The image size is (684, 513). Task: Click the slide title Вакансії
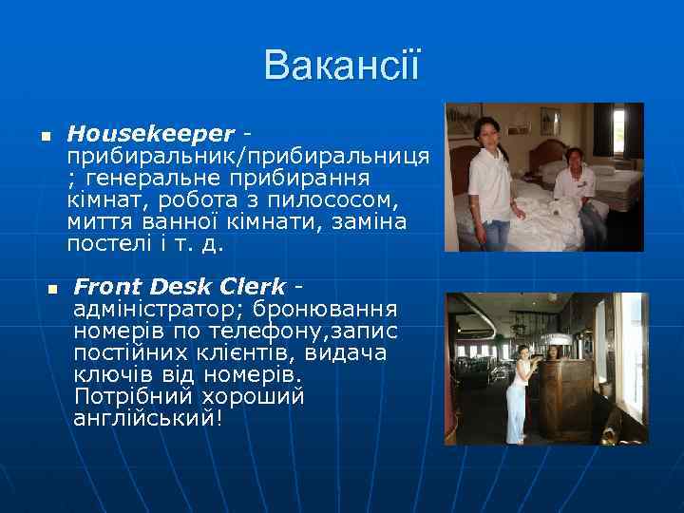click(x=341, y=66)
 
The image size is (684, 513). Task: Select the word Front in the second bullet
click(x=106, y=286)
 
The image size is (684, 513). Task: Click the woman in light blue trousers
click(x=519, y=394)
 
